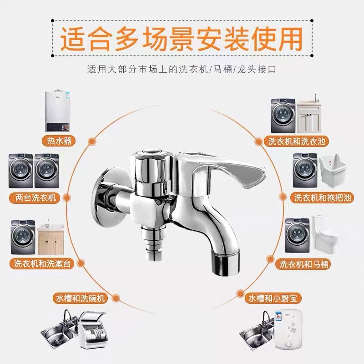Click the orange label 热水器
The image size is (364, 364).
pyautogui.click(x=62, y=140)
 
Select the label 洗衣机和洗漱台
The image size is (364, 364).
pyautogui.click(x=43, y=263)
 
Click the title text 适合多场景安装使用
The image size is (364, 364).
pyautogui.click(x=182, y=40)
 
